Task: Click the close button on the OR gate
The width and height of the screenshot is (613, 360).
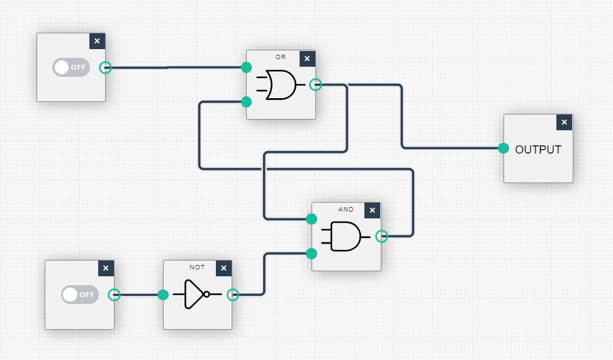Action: [x=307, y=59]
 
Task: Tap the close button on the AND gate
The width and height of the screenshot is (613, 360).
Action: [x=373, y=210]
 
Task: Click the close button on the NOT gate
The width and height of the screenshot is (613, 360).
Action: [x=223, y=269]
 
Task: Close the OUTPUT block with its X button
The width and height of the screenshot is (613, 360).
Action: [x=565, y=122]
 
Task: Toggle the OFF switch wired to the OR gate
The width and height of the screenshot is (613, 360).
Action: [x=71, y=67]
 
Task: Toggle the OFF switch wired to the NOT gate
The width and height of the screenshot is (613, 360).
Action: [x=80, y=294]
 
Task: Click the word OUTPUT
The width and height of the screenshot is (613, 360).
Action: [x=538, y=150]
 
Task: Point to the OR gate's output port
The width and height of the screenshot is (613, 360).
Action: [x=316, y=84]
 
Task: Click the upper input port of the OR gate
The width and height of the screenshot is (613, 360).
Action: [x=247, y=67]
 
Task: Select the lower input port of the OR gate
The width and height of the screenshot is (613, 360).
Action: [x=247, y=102]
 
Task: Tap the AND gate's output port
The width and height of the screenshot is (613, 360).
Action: [x=381, y=236]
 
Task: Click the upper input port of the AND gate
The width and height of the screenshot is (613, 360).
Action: [x=311, y=219]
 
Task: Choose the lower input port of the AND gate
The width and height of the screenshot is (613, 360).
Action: [x=311, y=254]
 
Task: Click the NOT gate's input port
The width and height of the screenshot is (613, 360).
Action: [x=163, y=295]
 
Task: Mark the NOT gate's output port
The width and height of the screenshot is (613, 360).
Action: [x=233, y=295]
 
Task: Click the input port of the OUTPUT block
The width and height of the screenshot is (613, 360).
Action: [x=503, y=149]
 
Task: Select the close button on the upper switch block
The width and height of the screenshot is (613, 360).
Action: [x=97, y=42]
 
